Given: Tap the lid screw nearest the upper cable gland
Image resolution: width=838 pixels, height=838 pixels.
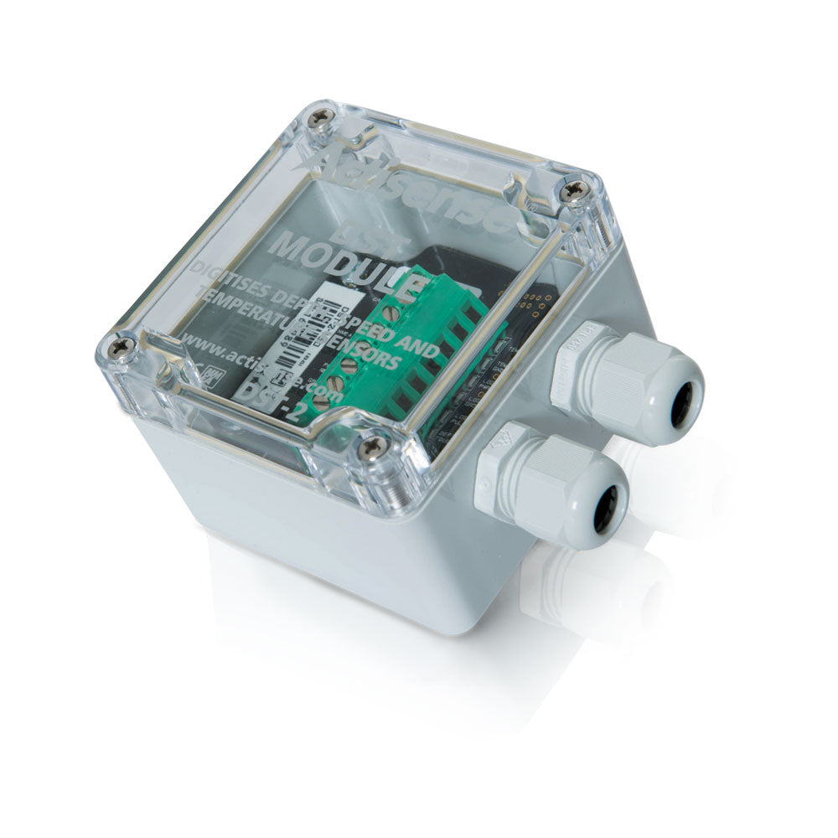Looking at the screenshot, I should pos(575,191).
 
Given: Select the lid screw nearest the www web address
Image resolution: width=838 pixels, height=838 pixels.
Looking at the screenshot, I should pos(119,344).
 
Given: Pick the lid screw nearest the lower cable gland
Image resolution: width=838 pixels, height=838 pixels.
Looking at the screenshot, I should pos(373,447).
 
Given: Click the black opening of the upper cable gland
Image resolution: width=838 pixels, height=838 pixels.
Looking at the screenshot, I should pos(683,403).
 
